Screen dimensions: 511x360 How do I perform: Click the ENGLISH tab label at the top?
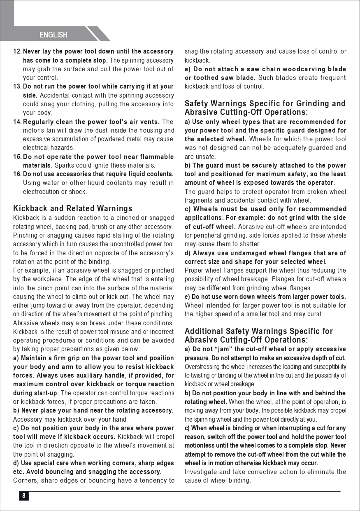(x=53, y=35)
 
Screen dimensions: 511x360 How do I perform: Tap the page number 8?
(x=23, y=496)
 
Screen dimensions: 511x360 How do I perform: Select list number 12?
(x=17, y=51)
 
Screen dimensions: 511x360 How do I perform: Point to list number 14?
(x=17, y=122)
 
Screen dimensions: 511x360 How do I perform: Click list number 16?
(x=17, y=174)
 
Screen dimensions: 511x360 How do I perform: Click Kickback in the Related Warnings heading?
(x=30, y=208)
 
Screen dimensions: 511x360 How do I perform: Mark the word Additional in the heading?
(x=204, y=331)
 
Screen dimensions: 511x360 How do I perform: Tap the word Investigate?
(x=201, y=471)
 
